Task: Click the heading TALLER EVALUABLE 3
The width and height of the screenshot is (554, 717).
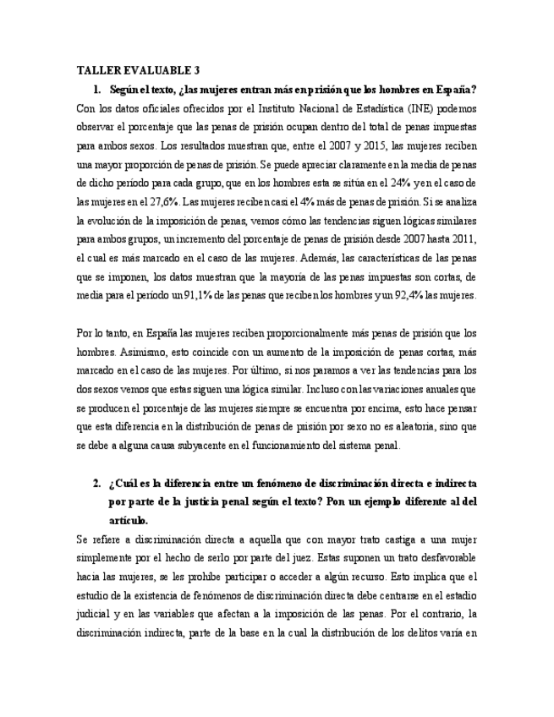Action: click(138, 70)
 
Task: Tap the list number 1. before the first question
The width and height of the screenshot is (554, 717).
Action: click(98, 89)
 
